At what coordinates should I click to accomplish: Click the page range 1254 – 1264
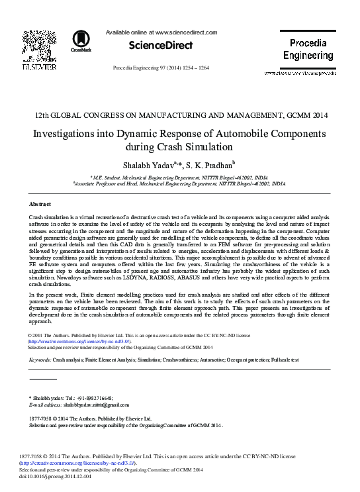coord(193,68)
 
